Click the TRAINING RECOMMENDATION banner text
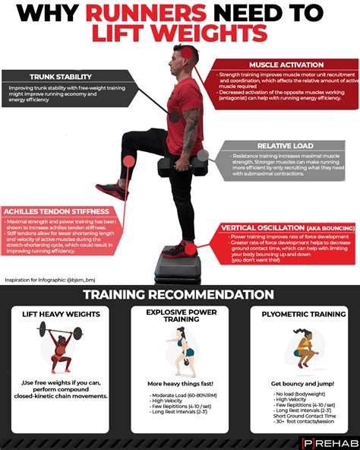pos(179,294)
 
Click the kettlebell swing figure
pos(179,353)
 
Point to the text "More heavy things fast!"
pos(179,385)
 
